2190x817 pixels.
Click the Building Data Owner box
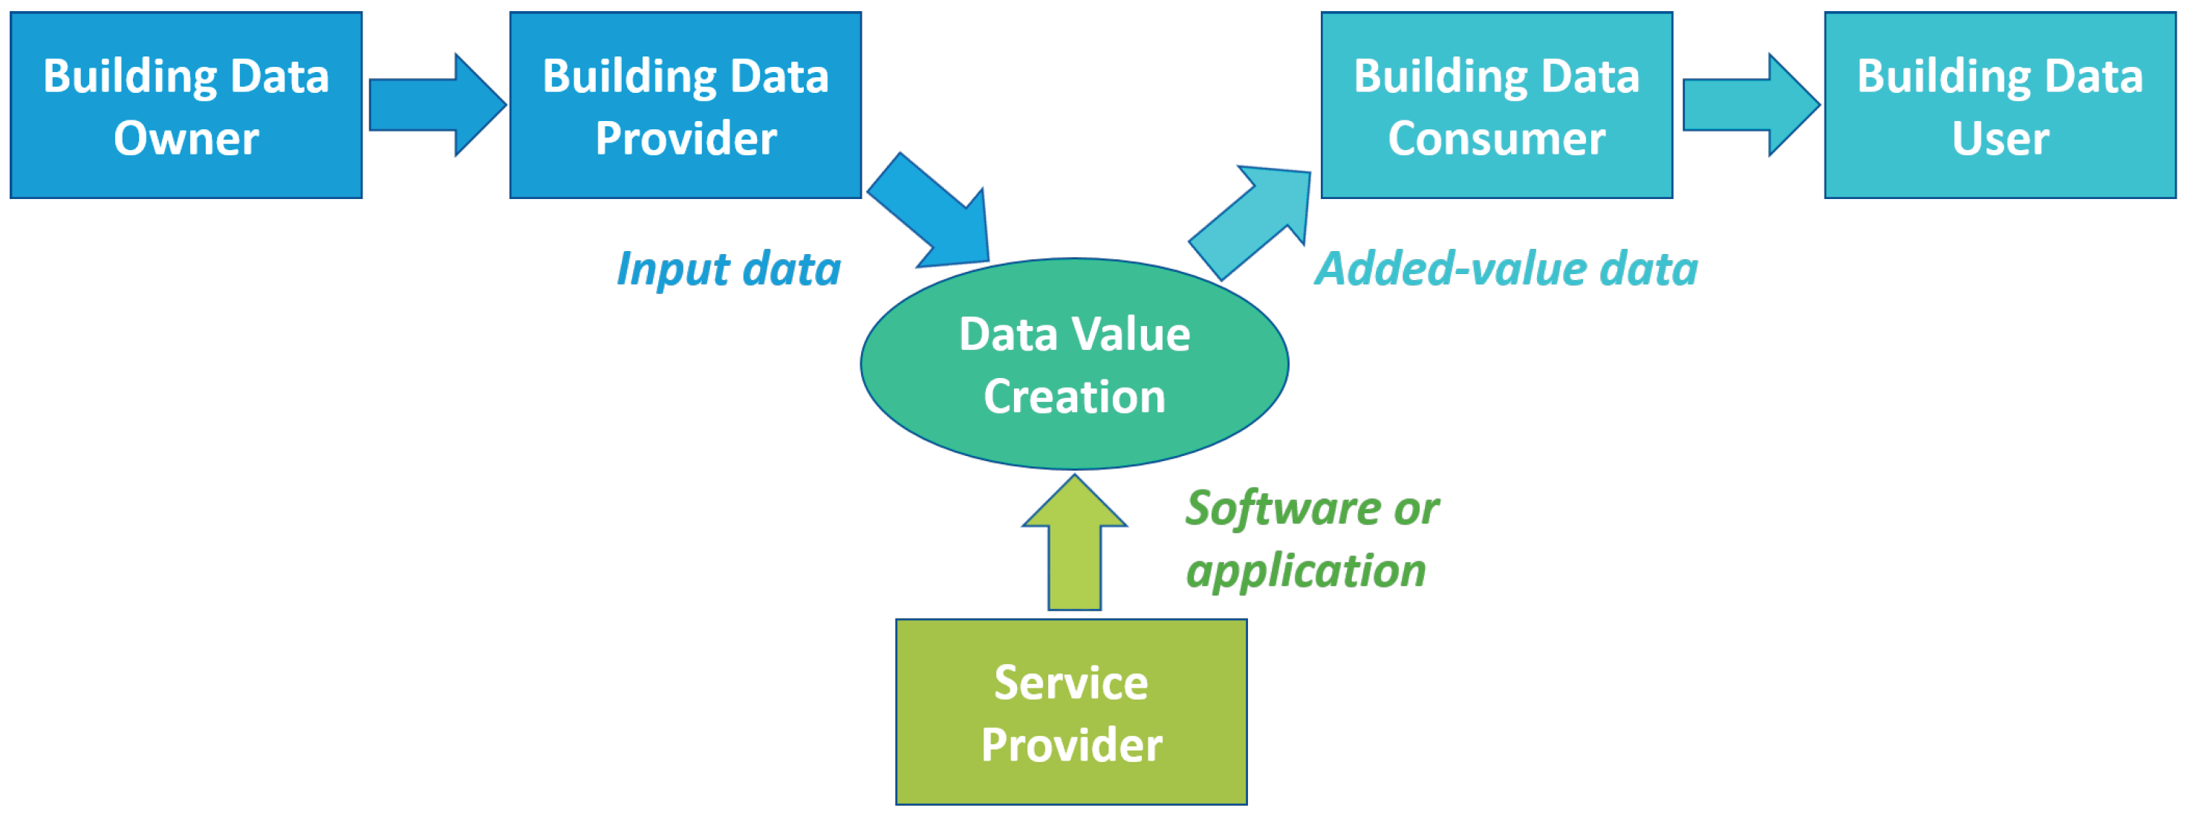point(186,105)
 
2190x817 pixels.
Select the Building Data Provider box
point(685,105)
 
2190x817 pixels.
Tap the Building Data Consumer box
point(1496,105)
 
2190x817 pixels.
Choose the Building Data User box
point(2000,105)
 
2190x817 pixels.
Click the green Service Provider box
point(1071,712)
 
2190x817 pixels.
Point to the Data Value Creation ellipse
point(1075,364)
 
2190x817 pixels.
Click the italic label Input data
point(729,270)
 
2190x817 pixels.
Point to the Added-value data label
point(1506,270)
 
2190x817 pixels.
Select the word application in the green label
point(1306,571)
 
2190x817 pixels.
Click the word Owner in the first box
point(186,139)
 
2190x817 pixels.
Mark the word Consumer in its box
point(1496,139)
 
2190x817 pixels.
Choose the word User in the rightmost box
point(2000,139)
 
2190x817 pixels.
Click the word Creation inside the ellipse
point(1075,397)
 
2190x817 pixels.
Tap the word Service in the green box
point(1071,683)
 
